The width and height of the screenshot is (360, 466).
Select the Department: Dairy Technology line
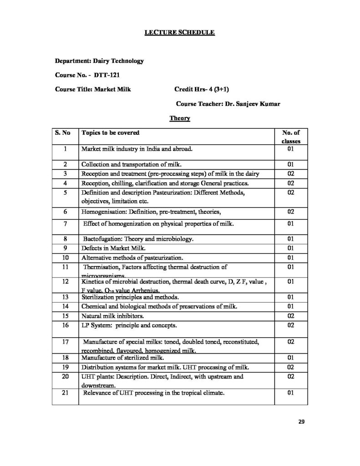click(99, 61)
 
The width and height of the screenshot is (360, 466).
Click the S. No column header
click(63, 133)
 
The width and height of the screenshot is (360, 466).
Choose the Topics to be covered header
click(110, 133)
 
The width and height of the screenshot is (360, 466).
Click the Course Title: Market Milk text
click(92, 89)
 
